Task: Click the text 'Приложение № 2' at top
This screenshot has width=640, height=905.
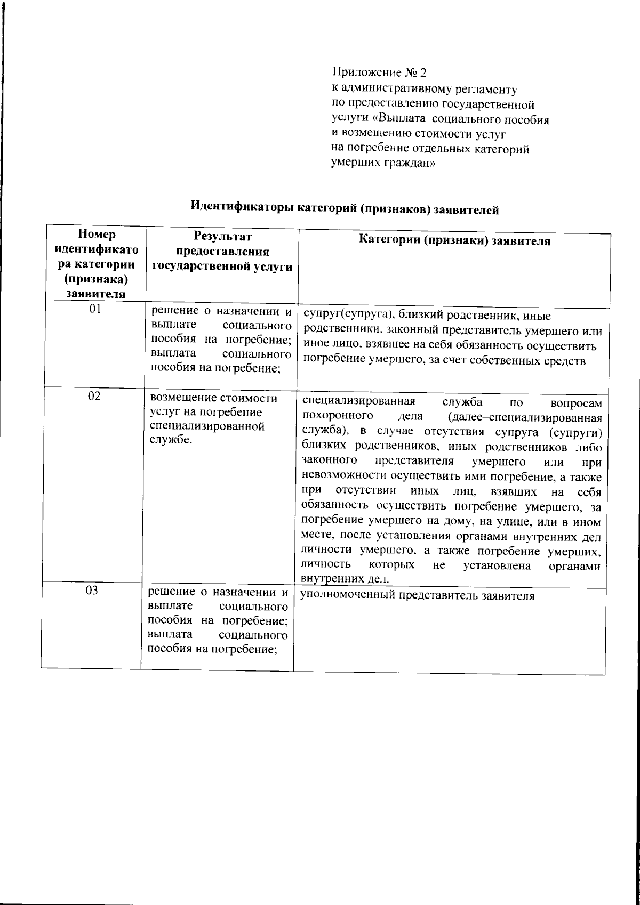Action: pos(379,72)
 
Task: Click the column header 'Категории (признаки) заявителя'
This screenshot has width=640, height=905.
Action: pos(454,240)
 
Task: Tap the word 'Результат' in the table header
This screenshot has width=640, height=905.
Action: pos(222,236)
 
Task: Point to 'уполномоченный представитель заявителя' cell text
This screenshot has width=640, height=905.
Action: pos(417,596)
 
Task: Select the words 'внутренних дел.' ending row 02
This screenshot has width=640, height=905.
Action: pos(338,579)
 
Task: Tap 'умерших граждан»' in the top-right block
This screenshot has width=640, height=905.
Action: pos(383,164)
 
